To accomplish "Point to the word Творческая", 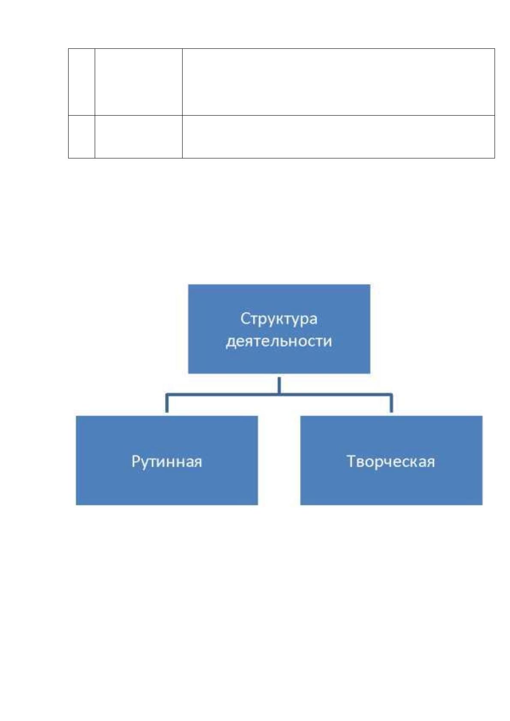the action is click(x=391, y=462).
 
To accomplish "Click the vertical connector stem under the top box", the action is click(x=279, y=385).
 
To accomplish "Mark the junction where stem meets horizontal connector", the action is click(x=279, y=394).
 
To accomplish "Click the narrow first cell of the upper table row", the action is click(x=81, y=82).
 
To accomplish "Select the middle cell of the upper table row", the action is click(x=138, y=82).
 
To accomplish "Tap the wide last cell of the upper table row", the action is click(x=338, y=82).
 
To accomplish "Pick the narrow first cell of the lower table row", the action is click(x=81, y=137).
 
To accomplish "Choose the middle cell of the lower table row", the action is click(x=138, y=137).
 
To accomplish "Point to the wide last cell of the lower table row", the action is click(x=338, y=137).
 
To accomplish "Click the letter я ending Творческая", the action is click(x=431, y=463).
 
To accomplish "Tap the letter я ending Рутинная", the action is click(x=198, y=463).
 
